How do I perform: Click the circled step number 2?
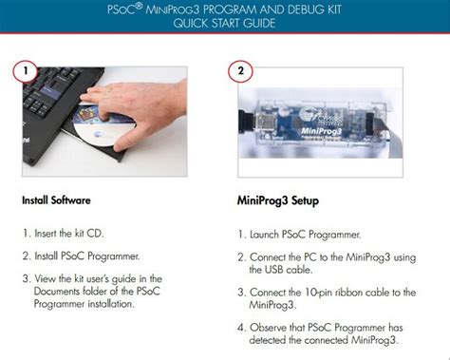click(x=240, y=71)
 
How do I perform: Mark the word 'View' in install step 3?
click(x=46, y=277)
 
